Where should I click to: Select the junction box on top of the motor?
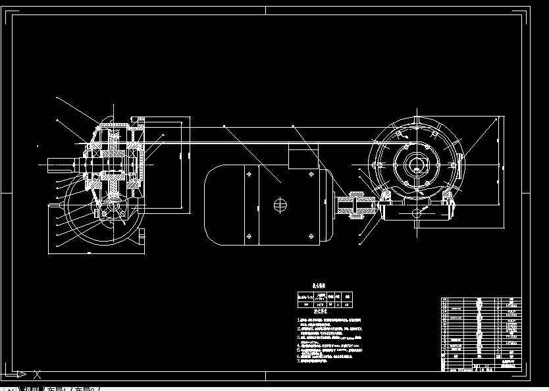pyautogui.click(x=302, y=158)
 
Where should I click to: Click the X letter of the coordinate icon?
pyautogui.click(x=37, y=375)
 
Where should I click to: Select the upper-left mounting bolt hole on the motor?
pyautogui.click(x=249, y=174)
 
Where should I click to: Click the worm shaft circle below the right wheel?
pyautogui.click(x=416, y=212)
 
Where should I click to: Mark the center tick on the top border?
pyautogui.click(x=266, y=10)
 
